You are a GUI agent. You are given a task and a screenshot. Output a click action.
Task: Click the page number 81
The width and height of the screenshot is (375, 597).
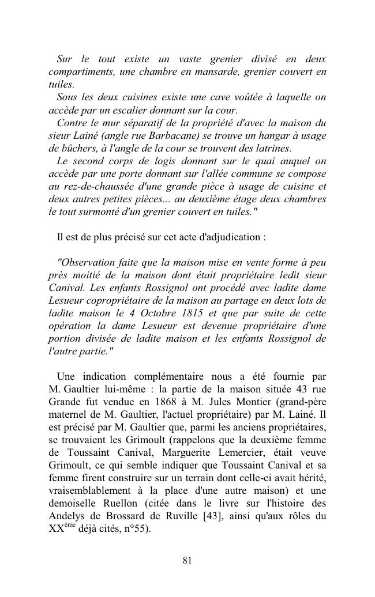pyautogui.click(x=187, y=560)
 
